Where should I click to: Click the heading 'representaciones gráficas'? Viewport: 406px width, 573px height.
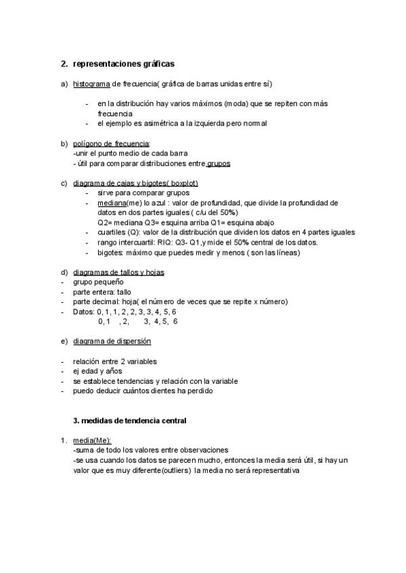point(124,64)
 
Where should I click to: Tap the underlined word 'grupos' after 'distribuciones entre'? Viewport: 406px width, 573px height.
point(219,164)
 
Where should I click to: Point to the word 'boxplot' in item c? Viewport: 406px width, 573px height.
point(183,183)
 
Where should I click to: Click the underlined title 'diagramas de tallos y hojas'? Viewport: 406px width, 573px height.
point(119,272)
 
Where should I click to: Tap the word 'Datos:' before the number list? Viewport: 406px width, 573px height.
point(84,312)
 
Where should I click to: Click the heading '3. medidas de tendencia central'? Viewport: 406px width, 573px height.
point(129,420)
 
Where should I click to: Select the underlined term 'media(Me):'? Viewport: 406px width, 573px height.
point(92,440)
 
